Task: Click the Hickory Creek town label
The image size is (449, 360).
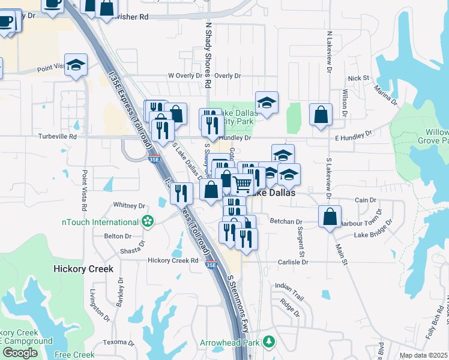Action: tap(83, 269)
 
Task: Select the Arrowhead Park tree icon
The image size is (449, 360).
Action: tap(270, 342)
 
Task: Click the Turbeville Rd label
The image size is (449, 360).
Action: tap(58, 137)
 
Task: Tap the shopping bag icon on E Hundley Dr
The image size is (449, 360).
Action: tap(321, 114)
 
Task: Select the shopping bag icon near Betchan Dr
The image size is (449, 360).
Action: tap(330, 217)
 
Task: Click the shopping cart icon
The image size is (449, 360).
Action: tap(241, 185)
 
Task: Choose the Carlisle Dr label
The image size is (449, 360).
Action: tap(292, 262)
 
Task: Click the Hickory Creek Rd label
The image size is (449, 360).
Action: tap(173, 260)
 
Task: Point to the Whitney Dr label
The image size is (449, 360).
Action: tap(125, 205)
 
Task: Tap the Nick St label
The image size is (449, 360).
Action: tap(358, 79)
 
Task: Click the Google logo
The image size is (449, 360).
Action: tap(19, 353)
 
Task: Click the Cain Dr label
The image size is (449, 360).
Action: tap(365, 200)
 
